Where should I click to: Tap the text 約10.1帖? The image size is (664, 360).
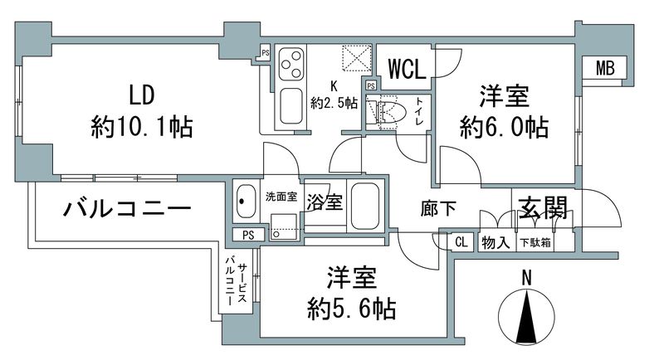tap(142, 127)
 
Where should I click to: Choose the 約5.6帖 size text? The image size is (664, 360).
tap(349, 309)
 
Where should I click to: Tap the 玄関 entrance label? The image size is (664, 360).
tap(544, 207)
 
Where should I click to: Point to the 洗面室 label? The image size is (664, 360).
tap(280, 197)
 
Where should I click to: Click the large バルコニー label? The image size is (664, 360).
tap(127, 209)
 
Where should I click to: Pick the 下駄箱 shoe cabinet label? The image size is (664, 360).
tap(535, 242)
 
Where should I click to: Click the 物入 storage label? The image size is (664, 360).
tap(496, 242)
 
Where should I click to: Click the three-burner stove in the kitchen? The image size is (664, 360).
tap(291, 63)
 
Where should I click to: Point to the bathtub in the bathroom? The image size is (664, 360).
tap(364, 207)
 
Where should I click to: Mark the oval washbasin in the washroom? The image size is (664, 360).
tap(246, 201)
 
